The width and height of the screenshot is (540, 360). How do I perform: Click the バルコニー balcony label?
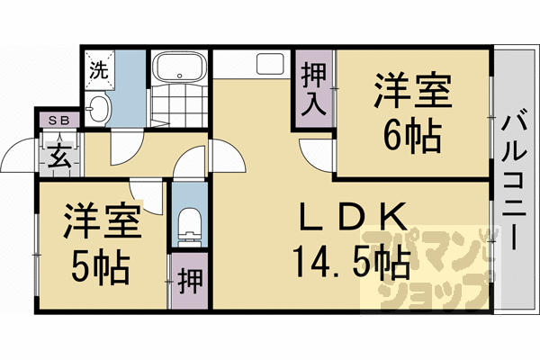(x=515, y=180)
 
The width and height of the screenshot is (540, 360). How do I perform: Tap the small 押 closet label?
(x=189, y=280)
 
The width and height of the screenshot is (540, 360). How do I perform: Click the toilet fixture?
(x=189, y=225)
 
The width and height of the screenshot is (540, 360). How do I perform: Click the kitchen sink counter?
(x=270, y=65)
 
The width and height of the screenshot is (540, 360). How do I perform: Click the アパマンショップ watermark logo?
(x=432, y=270)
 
